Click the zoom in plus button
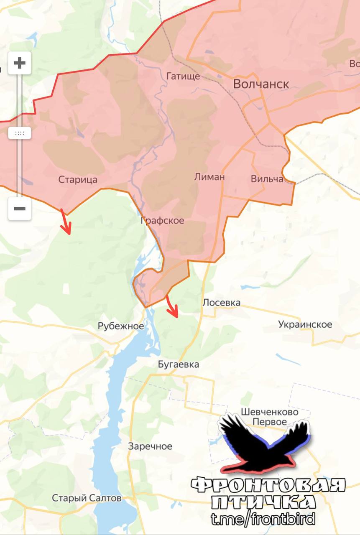(x=20, y=64)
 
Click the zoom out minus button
(x=20, y=209)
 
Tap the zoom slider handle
(x=20, y=133)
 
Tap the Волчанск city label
(x=261, y=84)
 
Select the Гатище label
(x=183, y=76)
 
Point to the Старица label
(x=78, y=180)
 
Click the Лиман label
(x=209, y=177)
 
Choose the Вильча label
(x=267, y=179)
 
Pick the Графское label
(x=162, y=220)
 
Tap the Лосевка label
(x=221, y=302)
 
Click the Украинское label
(x=305, y=324)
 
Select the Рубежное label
(x=121, y=326)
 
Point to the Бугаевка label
(x=179, y=364)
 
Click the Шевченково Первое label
(x=270, y=417)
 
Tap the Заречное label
(x=150, y=446)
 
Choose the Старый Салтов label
(x=87, y=498)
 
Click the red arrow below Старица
(x=66, y=222)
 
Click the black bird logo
(x=264, y=443)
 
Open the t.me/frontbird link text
(x=263, y=519)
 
